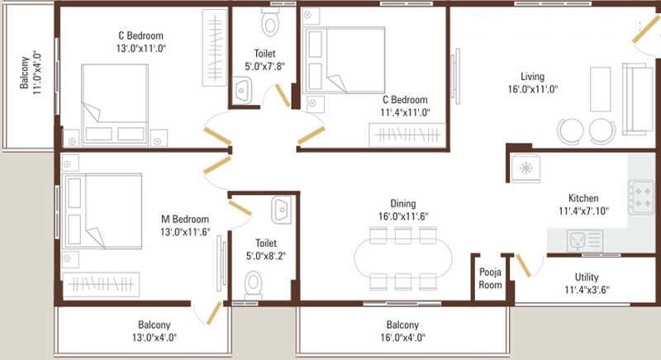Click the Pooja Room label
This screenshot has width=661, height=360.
pos(491,277)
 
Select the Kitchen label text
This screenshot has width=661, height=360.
pos(583,199)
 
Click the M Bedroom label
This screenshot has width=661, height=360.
pos(184,219)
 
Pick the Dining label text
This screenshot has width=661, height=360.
pos(403,204)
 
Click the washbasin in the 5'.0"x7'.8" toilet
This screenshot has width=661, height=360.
pos(243,90)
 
